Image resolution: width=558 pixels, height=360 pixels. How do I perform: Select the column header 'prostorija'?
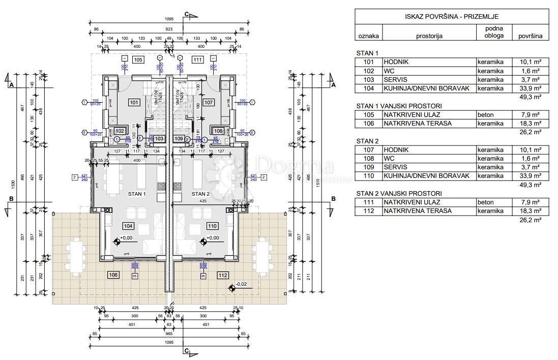pyautogui.click(x=429, y=36)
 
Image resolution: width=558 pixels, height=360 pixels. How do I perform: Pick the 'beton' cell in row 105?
pyautogui.click(x=485, y=114)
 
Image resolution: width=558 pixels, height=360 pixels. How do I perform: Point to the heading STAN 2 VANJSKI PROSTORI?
pyautogui.click(x=399, y=193)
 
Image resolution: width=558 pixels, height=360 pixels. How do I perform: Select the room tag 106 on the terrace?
pyautogui.click(x=113, y=275)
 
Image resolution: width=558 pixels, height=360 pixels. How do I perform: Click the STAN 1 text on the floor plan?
pyautogui.click(x=137, y=194)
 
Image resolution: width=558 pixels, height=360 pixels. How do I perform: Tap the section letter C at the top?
pyautogui.click(x=187, y=14)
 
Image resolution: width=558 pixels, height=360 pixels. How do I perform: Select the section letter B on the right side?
pyautogui.click(x=334, y=199)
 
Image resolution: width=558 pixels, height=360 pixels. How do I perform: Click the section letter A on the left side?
pyautogui.click(x=11, y=85)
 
